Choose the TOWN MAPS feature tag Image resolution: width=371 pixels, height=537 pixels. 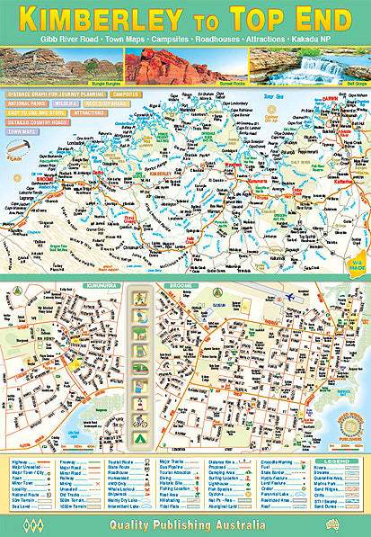click(x=24, y=131)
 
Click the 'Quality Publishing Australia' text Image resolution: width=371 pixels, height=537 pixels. click(x=185, y=523)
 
